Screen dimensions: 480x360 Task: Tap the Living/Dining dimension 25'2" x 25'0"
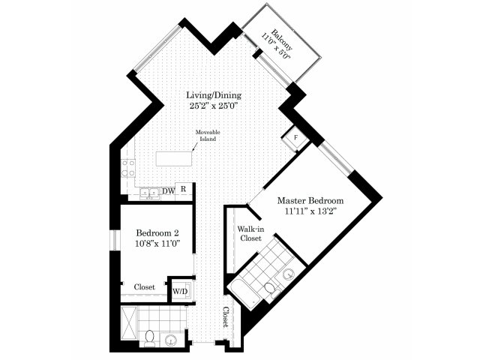[x=214, y=106]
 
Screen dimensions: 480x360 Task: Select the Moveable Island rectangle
[x=174, y=158]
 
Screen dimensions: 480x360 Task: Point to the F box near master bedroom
[x=295, y=138]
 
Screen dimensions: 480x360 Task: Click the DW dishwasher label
[x=168, y=191]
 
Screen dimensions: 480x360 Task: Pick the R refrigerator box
[x=184, y=189]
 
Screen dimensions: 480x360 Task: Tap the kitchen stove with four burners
[x=128, y=168]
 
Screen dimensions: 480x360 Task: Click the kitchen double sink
[x=149, y=193]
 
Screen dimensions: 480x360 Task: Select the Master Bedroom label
[x=310, y=201]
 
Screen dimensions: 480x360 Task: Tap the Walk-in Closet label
[x=250, y=233]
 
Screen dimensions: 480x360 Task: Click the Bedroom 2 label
[x=157, y=233]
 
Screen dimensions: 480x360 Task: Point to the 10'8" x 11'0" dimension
[x=157, y=244]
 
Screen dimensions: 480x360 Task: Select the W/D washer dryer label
[x=180, y=291]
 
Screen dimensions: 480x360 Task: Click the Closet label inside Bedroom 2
[x=145, y=287]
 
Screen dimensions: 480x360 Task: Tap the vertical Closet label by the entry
[x=226, y=317]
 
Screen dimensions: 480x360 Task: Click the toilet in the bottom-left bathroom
[x=150, y=338]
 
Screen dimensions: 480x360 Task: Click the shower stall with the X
[x=128, y=322]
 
